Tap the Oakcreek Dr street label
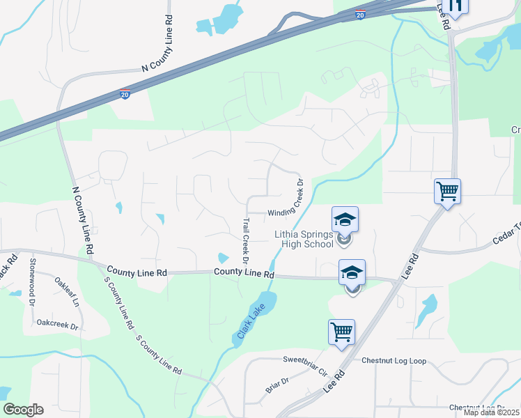[58, 324]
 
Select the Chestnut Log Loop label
[394, 361]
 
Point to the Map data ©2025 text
[491, 412]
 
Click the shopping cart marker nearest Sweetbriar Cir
[342, 332]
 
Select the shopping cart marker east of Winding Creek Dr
[447, 191]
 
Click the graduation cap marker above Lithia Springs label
[345, 220]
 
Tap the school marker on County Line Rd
[352, 272]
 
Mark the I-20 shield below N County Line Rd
[124, 94]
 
